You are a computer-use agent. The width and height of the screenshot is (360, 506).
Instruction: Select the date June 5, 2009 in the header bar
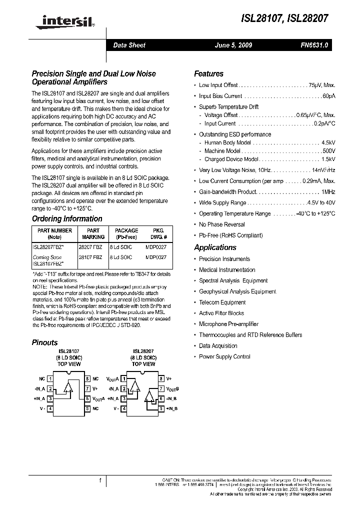click(x=233, y=45)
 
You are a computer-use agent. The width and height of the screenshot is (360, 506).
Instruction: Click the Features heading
click(x=208, y=73)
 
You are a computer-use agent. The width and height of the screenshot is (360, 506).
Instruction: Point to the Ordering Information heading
click(x=67, y=218)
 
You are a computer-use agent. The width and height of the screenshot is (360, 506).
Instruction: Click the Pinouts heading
click(x=44, y=342)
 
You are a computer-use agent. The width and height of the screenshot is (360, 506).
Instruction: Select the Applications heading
click(x=215, y=247)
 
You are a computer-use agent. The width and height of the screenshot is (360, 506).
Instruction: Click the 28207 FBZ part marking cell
click(x=90, y=246)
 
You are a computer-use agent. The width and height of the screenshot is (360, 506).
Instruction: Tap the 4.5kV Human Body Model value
click(x=328, y=142)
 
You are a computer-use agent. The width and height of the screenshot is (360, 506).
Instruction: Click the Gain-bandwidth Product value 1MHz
click(x=328, y=192)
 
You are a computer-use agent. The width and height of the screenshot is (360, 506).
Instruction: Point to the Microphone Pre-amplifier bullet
click(x=228, y=324)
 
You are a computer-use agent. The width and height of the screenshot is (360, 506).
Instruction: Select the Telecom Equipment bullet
click(x=222, y=302)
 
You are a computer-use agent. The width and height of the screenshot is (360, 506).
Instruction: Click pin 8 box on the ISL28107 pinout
click(x=87, y=379)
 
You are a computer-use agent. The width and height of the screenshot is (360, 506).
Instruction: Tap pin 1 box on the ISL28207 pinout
click(x=124, y=379)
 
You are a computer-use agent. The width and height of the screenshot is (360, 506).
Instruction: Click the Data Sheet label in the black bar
click(x=129, y=45)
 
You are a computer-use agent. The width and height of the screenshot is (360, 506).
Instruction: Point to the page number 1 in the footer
click(x=100, y=480)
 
